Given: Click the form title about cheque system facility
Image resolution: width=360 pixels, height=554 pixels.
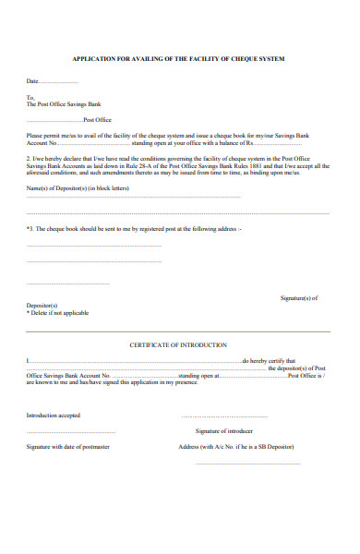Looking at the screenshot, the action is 179,58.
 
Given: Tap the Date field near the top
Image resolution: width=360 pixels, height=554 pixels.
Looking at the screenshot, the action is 46,81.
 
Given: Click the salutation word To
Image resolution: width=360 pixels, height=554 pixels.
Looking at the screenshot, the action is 30,97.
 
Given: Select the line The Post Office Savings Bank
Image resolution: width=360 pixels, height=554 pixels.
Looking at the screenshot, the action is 63,104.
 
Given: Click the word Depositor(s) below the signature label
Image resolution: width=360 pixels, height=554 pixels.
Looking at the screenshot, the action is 42,306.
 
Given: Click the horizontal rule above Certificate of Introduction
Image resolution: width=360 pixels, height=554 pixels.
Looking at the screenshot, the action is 179,330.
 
